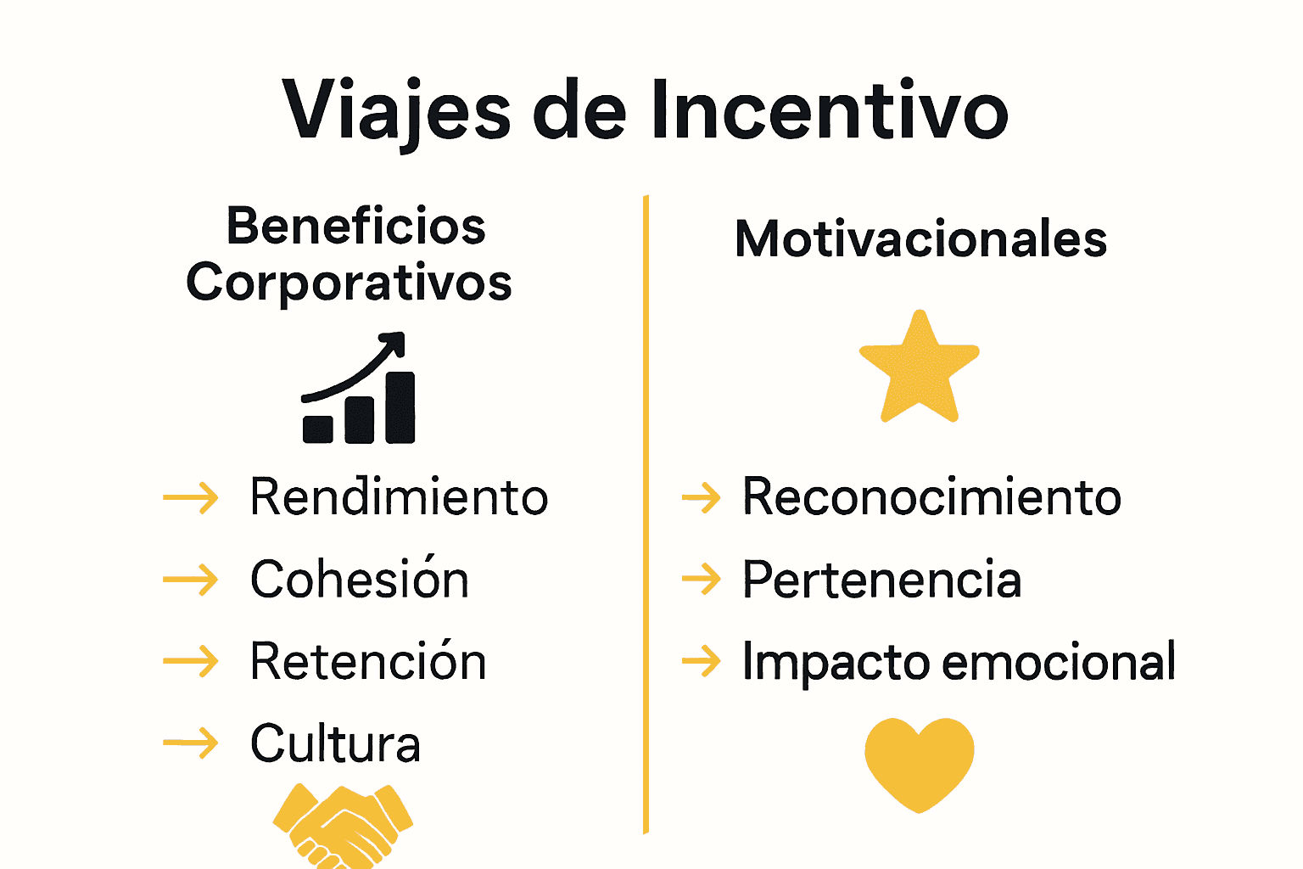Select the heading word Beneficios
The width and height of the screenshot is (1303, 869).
pos(356,227)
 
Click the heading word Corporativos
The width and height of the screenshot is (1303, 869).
pos(349,283)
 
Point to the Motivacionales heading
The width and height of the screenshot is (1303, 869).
pos(920,238)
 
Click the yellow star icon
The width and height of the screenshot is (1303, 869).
pos(920,368)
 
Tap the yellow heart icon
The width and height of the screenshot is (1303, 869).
pos(919,762)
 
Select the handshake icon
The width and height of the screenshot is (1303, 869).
pos(343,826)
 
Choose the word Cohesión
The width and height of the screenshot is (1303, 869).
pos(359,580)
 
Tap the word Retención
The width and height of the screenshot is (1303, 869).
pos(368,662)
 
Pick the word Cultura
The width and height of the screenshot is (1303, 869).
pos(335,744)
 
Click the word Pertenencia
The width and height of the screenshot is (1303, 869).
pos(881,580)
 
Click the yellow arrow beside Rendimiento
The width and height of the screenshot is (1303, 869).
pos(191,497)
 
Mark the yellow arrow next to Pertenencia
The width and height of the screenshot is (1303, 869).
pos(702,580)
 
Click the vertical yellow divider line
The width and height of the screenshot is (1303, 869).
pos(646,509)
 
